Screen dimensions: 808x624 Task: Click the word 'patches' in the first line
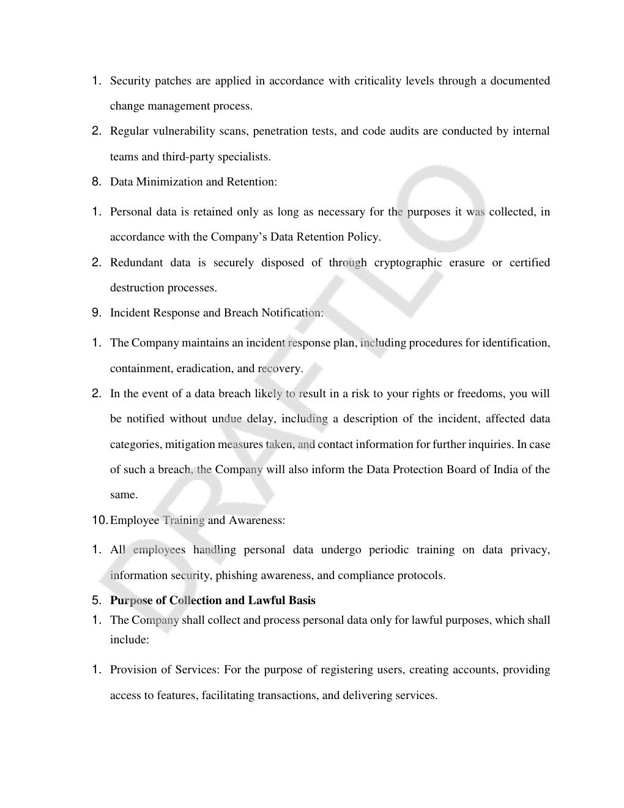[x=173, y=81]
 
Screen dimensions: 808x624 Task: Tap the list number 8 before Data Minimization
[x=96, y=181]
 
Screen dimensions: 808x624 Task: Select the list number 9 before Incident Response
[x=96, y=312]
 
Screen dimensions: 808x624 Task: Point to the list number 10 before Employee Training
[x=100, y=520]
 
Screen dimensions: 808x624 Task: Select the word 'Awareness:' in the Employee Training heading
[x=257, y=520]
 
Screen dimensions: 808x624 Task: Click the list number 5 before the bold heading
[x=96, y=600]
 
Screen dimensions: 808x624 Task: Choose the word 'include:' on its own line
[x=130, y=640]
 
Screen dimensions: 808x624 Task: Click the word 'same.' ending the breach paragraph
[x=124, y=495]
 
